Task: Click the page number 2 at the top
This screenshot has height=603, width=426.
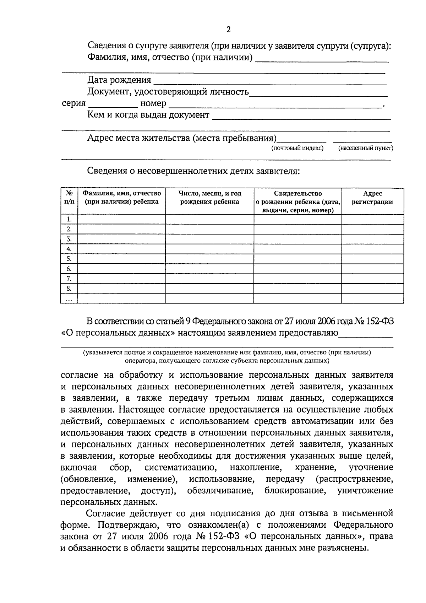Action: tap(228, 30)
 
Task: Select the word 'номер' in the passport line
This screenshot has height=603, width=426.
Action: tap(153, 104)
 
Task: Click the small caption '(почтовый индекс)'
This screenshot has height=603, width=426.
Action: tap(297, 148)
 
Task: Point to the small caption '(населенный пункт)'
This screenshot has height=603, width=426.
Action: tap(366, 148)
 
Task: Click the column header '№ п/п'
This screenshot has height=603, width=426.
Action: tap(69, 198)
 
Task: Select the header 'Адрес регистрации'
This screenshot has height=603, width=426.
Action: tap(372, 198)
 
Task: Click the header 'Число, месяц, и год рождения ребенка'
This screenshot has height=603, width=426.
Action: tap(210, 198)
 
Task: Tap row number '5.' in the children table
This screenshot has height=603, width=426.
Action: tap(69, 259)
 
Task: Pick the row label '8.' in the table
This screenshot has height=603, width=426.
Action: tap(69, 288)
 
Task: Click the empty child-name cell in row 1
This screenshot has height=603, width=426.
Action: tap(121, 219)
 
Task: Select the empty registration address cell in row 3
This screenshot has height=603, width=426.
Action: tap(372, 239)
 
